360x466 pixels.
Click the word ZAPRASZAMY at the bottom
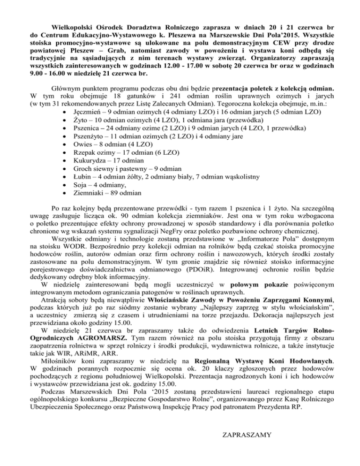[x=245, y=437]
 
